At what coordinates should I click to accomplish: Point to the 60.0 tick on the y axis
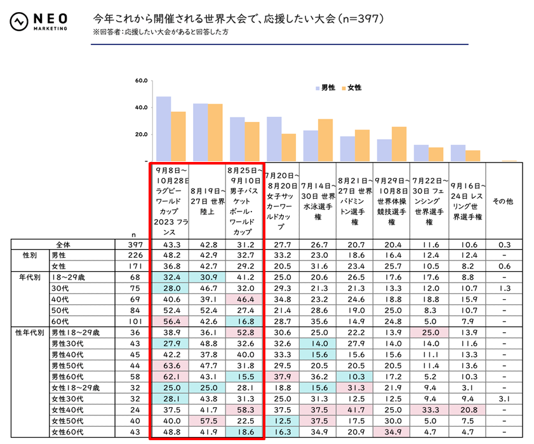(x=141, y=81)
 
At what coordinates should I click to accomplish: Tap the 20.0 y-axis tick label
(x=141, y=135)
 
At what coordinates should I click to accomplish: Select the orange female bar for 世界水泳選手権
(x=325, y=140)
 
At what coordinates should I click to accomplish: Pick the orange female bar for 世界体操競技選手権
(x=399, y=144)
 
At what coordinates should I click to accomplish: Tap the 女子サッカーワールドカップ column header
(x=281, y=201)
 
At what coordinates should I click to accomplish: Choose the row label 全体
(x=63, y=245)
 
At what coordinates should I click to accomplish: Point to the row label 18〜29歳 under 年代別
(x=69, y=277)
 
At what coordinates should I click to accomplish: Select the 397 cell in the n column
(x=132, y=245)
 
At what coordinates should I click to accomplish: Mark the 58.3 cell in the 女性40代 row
(x=244, y=410)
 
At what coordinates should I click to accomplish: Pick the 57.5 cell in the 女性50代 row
(x=208, y=421)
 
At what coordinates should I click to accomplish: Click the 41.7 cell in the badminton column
(x=355, y=410)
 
